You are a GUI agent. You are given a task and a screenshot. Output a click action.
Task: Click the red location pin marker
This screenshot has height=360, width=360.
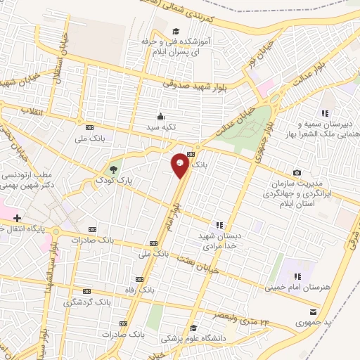click(x=181, y=165)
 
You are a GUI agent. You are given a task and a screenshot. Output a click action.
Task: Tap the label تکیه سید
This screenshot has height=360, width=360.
click(x=164, y=128)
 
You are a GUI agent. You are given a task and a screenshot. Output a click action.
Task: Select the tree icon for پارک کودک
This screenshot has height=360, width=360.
click(x=114, y=169)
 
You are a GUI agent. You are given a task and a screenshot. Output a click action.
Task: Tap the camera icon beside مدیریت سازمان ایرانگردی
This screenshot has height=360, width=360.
click(x=297, y=173)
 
